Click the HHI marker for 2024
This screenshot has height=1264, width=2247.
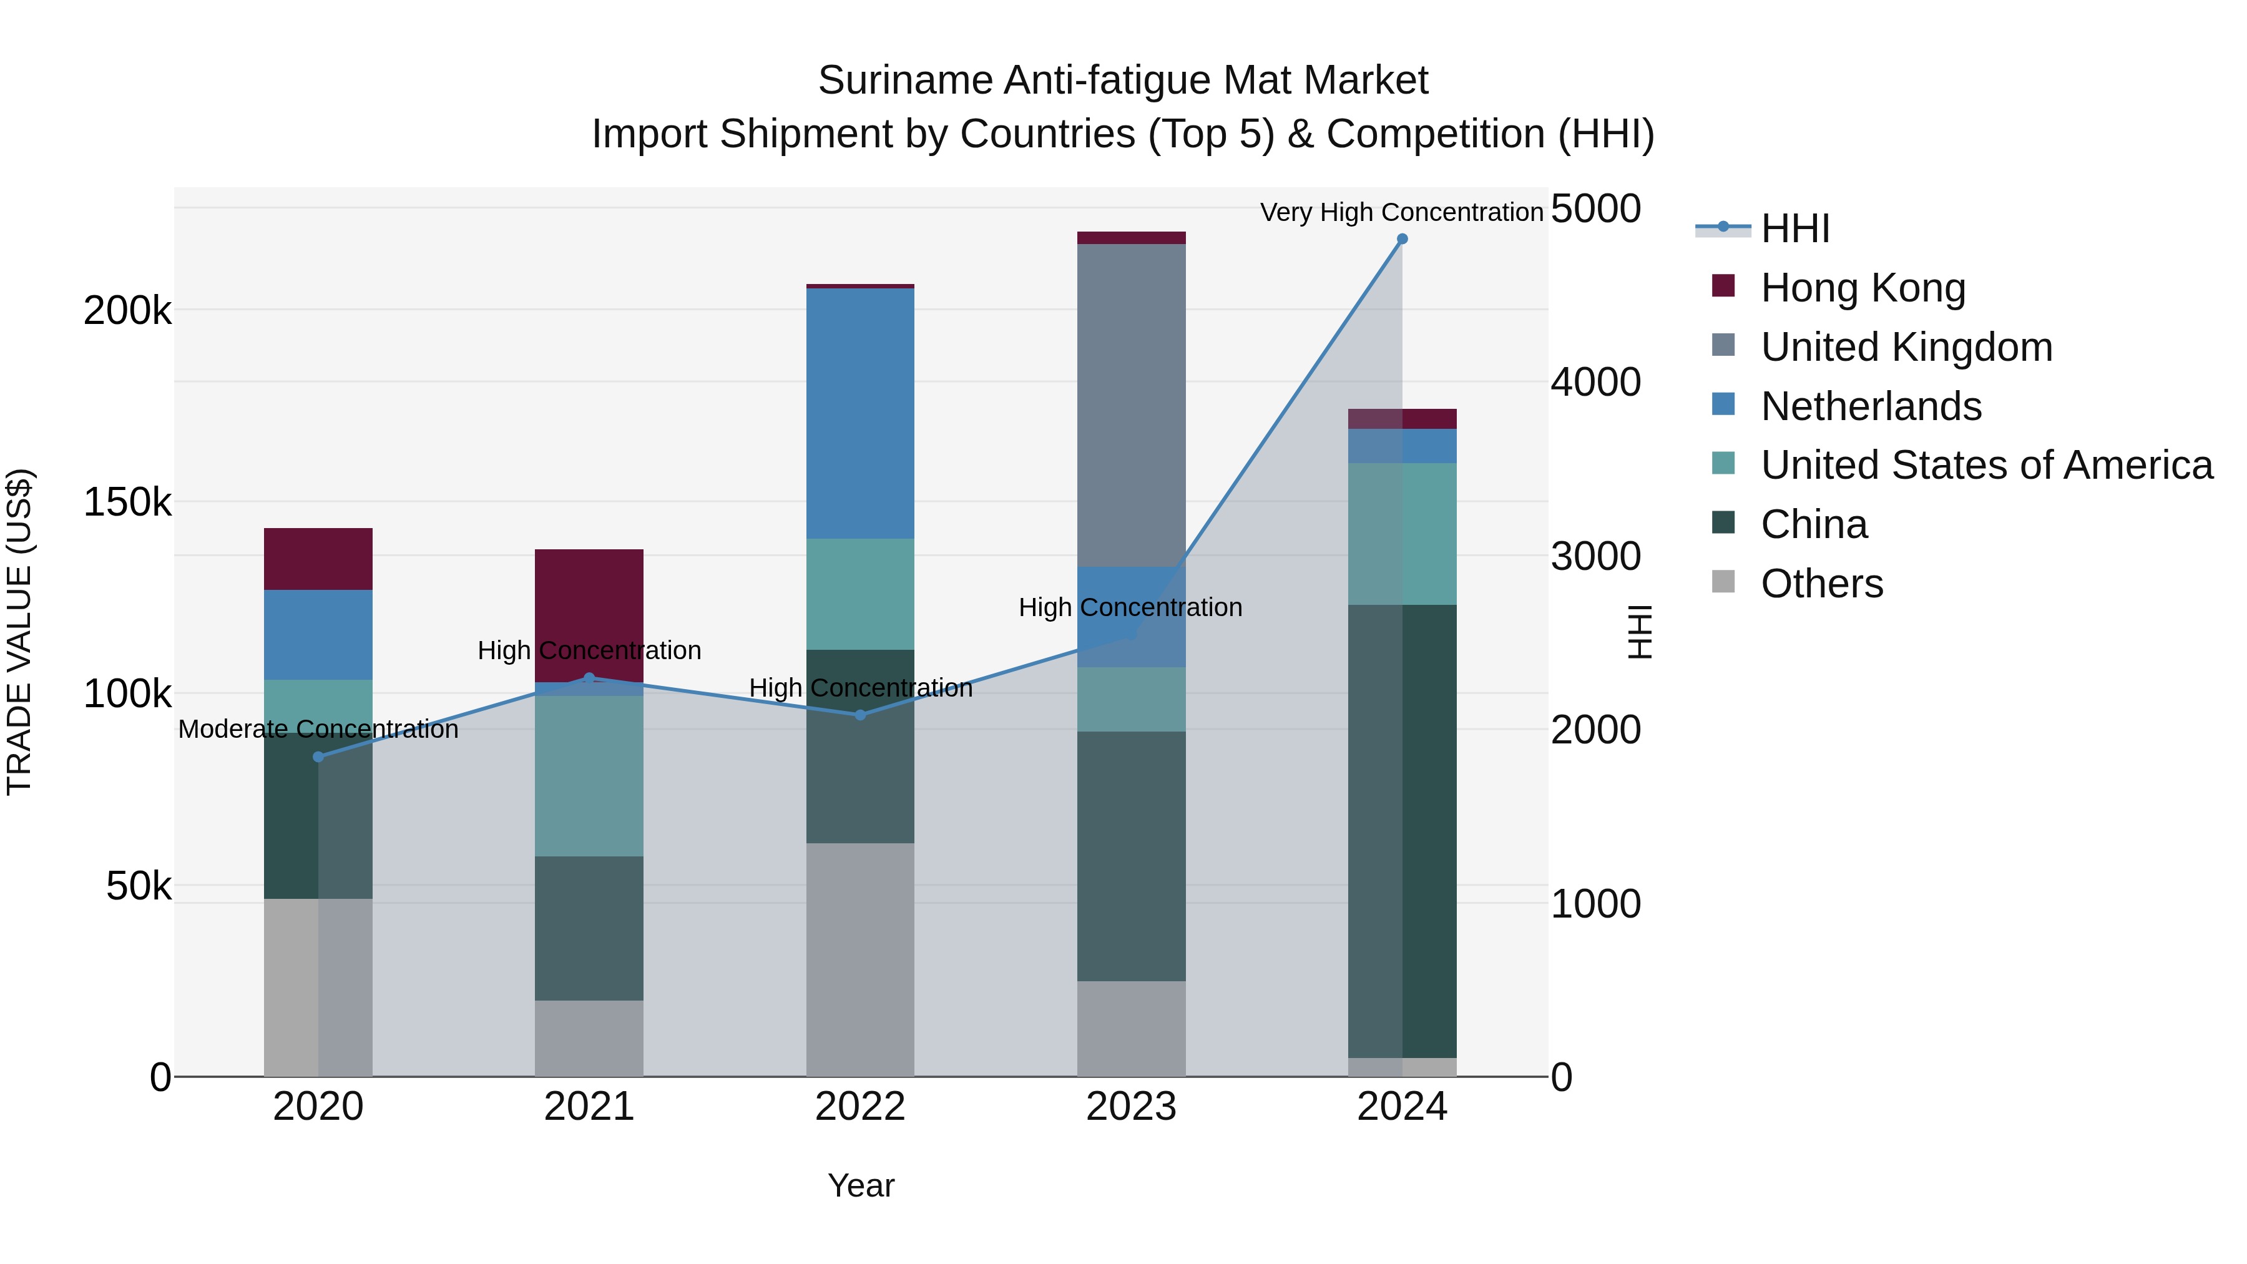pyautogui.click(x=1402, y=239)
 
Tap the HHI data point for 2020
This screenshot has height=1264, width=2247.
pyautogui.click(x=318, y=757)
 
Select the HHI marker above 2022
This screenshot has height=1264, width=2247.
pyautogui.click(x=860, y=715)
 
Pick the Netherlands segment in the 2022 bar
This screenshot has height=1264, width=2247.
pyautogui.click(x=860, y=413)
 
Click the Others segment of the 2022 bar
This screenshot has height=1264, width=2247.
pyautogui.click(x=860, y=959)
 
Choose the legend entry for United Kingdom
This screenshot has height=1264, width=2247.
pyautogui.click(x=1906, y=347)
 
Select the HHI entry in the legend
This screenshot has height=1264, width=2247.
pyautogui.click(x=1794, y=228)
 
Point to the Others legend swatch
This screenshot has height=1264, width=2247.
pyautogui.click(x=1723, y=582)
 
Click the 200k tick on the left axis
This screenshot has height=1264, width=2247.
pyautogui.click(x=127, y=311)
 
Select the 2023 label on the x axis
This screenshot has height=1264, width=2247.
pyautogui.click(x=1132, y=1107)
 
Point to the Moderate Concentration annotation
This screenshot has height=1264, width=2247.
pyautogui.click(x=318, y=729)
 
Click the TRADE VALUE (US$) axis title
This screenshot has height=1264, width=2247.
pyautogui.click(x=19, y=632)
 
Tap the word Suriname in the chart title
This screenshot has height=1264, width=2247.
pyautogui.click(x=906, y=81)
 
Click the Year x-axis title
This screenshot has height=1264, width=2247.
pyautogui.click(x=861, y=1185)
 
